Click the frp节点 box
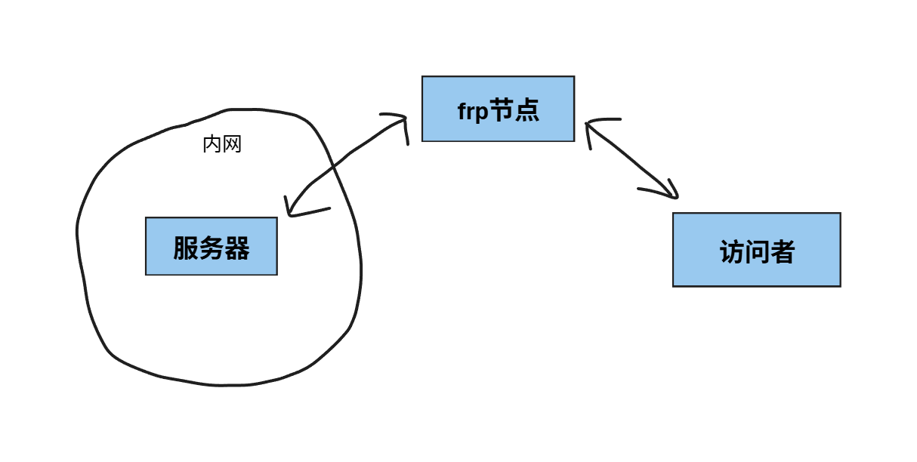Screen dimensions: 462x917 click(498, 109)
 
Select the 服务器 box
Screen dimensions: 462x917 click(211, 246)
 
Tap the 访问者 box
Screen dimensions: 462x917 click(756, 250)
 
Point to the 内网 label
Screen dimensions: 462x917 click(222, 145)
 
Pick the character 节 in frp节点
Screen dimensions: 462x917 click(502, 110)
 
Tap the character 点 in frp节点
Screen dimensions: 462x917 click(526, 110)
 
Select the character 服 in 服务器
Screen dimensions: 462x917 click(186, 248)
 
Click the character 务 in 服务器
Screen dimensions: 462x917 click(211, 248)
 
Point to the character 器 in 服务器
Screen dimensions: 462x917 click(237, 248)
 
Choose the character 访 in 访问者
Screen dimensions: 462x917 click(732, 252)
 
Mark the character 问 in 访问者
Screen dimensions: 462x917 click(757, 252)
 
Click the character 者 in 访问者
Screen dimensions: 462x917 click(782, 252)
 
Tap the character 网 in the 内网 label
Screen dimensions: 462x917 click(232, 145)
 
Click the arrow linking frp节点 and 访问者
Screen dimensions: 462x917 click(631, 159)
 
